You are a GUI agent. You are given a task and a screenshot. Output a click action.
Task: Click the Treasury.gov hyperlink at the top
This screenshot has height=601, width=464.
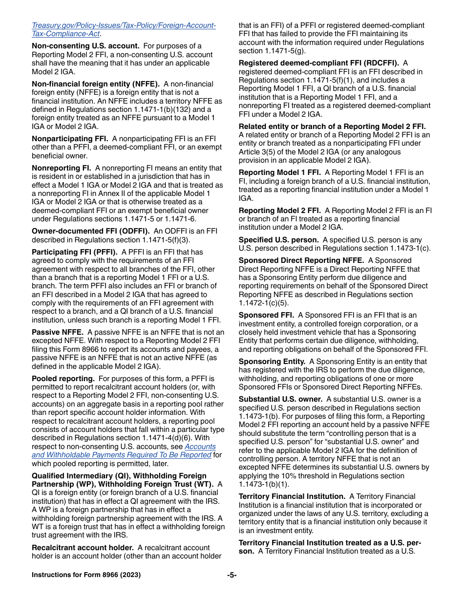point(124,25)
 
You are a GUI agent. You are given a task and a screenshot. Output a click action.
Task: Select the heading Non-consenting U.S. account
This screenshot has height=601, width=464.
point(85,46)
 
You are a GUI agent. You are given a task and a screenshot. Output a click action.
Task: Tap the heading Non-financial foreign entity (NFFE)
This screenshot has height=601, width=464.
point(96,84)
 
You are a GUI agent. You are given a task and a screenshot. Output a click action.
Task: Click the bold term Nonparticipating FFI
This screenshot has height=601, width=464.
point(70,139)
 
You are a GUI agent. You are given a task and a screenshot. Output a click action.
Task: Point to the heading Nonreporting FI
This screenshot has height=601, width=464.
point(61,168)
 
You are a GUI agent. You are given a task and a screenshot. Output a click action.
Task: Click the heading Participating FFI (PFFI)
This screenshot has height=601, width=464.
point(75,252)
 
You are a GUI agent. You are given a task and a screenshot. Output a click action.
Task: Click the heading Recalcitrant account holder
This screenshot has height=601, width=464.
point(83,548)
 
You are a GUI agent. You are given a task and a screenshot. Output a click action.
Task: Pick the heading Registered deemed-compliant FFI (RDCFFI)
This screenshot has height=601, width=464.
point(318,63)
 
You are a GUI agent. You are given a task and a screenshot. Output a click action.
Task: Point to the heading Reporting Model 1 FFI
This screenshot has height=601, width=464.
point(279,172)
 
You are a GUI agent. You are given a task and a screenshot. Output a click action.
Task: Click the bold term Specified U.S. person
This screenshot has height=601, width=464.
point(278,240)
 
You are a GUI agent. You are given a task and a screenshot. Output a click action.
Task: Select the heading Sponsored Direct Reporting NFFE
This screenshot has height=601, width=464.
point(301,261)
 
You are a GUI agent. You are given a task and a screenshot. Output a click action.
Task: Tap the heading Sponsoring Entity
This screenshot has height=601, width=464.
point(272,362)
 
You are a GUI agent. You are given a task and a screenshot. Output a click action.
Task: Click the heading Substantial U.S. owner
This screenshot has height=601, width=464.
point(280,399)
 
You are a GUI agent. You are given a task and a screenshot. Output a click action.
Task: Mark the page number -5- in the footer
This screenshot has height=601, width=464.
point(232,575)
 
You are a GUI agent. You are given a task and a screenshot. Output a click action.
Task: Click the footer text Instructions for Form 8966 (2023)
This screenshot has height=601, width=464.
point(86,575)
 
